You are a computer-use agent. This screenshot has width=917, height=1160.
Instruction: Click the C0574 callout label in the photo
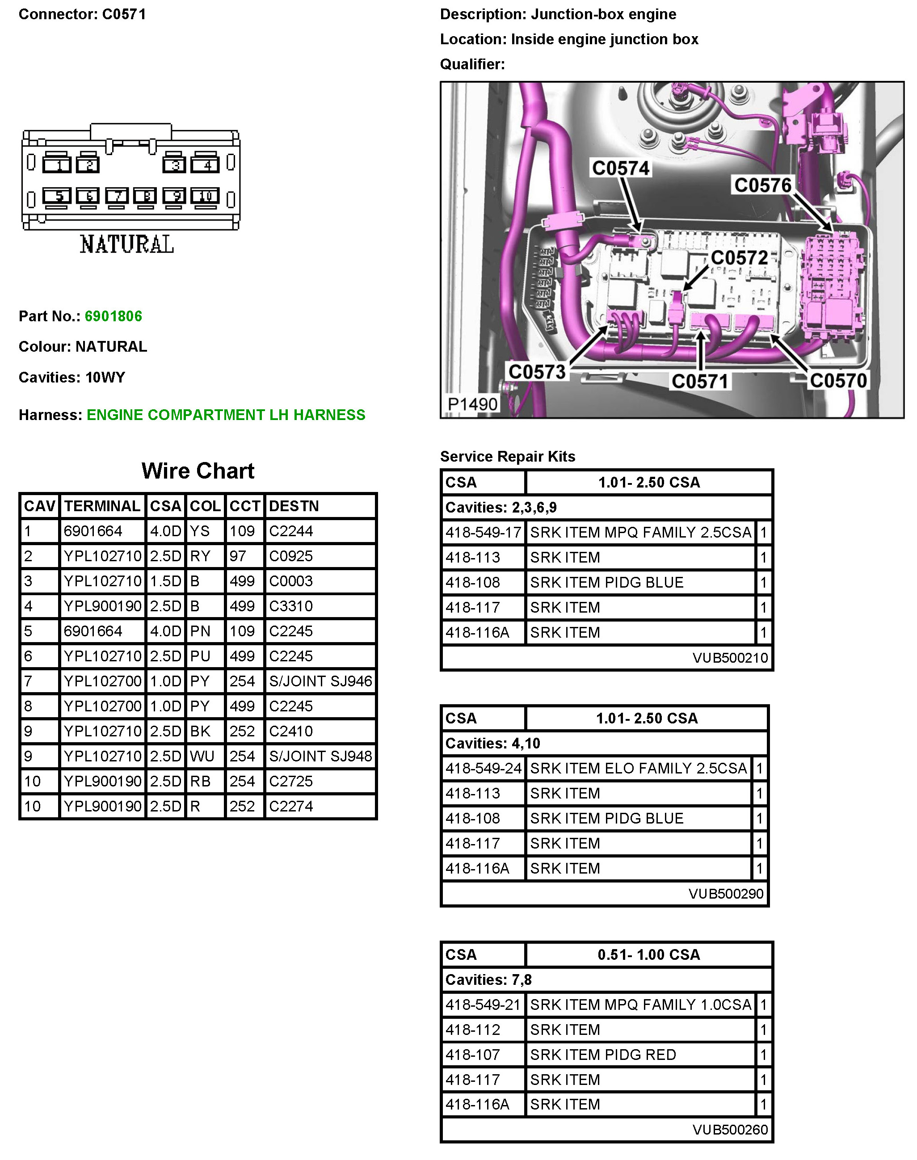621,168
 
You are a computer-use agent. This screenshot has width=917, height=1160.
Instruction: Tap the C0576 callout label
763,185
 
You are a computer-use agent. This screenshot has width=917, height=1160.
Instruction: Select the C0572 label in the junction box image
739,258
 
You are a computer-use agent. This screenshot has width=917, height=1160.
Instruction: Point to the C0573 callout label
537,371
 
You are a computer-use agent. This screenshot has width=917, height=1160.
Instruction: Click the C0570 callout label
838,381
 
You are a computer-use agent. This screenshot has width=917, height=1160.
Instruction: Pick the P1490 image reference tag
472,404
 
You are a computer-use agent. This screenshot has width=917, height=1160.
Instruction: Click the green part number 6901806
113,316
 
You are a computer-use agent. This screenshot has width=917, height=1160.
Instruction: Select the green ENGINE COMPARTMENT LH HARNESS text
226,415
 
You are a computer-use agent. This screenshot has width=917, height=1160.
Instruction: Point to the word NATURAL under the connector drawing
127,245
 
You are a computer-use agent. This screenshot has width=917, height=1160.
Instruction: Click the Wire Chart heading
198,471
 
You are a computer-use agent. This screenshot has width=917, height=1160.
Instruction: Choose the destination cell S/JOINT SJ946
320,681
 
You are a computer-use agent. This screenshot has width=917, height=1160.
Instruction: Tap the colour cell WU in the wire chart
202,757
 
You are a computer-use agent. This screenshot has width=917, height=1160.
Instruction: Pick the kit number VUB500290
726,894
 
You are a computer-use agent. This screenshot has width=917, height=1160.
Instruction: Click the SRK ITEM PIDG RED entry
603,1055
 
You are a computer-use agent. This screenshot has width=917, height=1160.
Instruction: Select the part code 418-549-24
483,769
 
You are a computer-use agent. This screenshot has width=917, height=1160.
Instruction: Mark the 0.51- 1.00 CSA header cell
648,954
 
